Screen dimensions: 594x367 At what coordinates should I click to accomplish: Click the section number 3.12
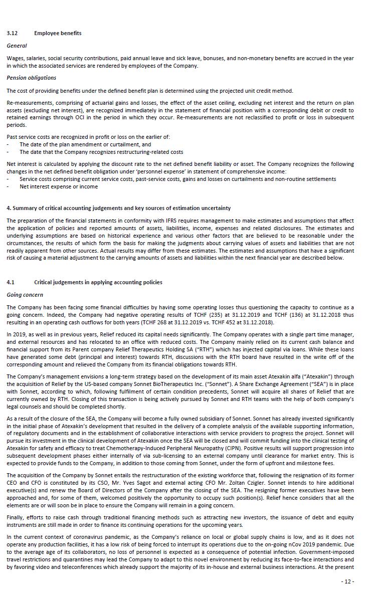pos(12,33)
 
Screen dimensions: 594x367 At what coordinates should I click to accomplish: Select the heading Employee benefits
pos(58,33)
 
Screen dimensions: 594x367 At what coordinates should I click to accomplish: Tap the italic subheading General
pos(17,46)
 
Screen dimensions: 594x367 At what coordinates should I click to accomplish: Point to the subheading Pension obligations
pos(31,78)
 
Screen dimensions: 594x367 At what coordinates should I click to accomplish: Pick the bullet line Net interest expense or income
pos(59,186)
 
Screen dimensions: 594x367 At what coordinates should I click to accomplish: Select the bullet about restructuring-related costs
pos(101,152)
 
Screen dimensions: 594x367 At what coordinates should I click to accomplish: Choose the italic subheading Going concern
pos(25,295)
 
